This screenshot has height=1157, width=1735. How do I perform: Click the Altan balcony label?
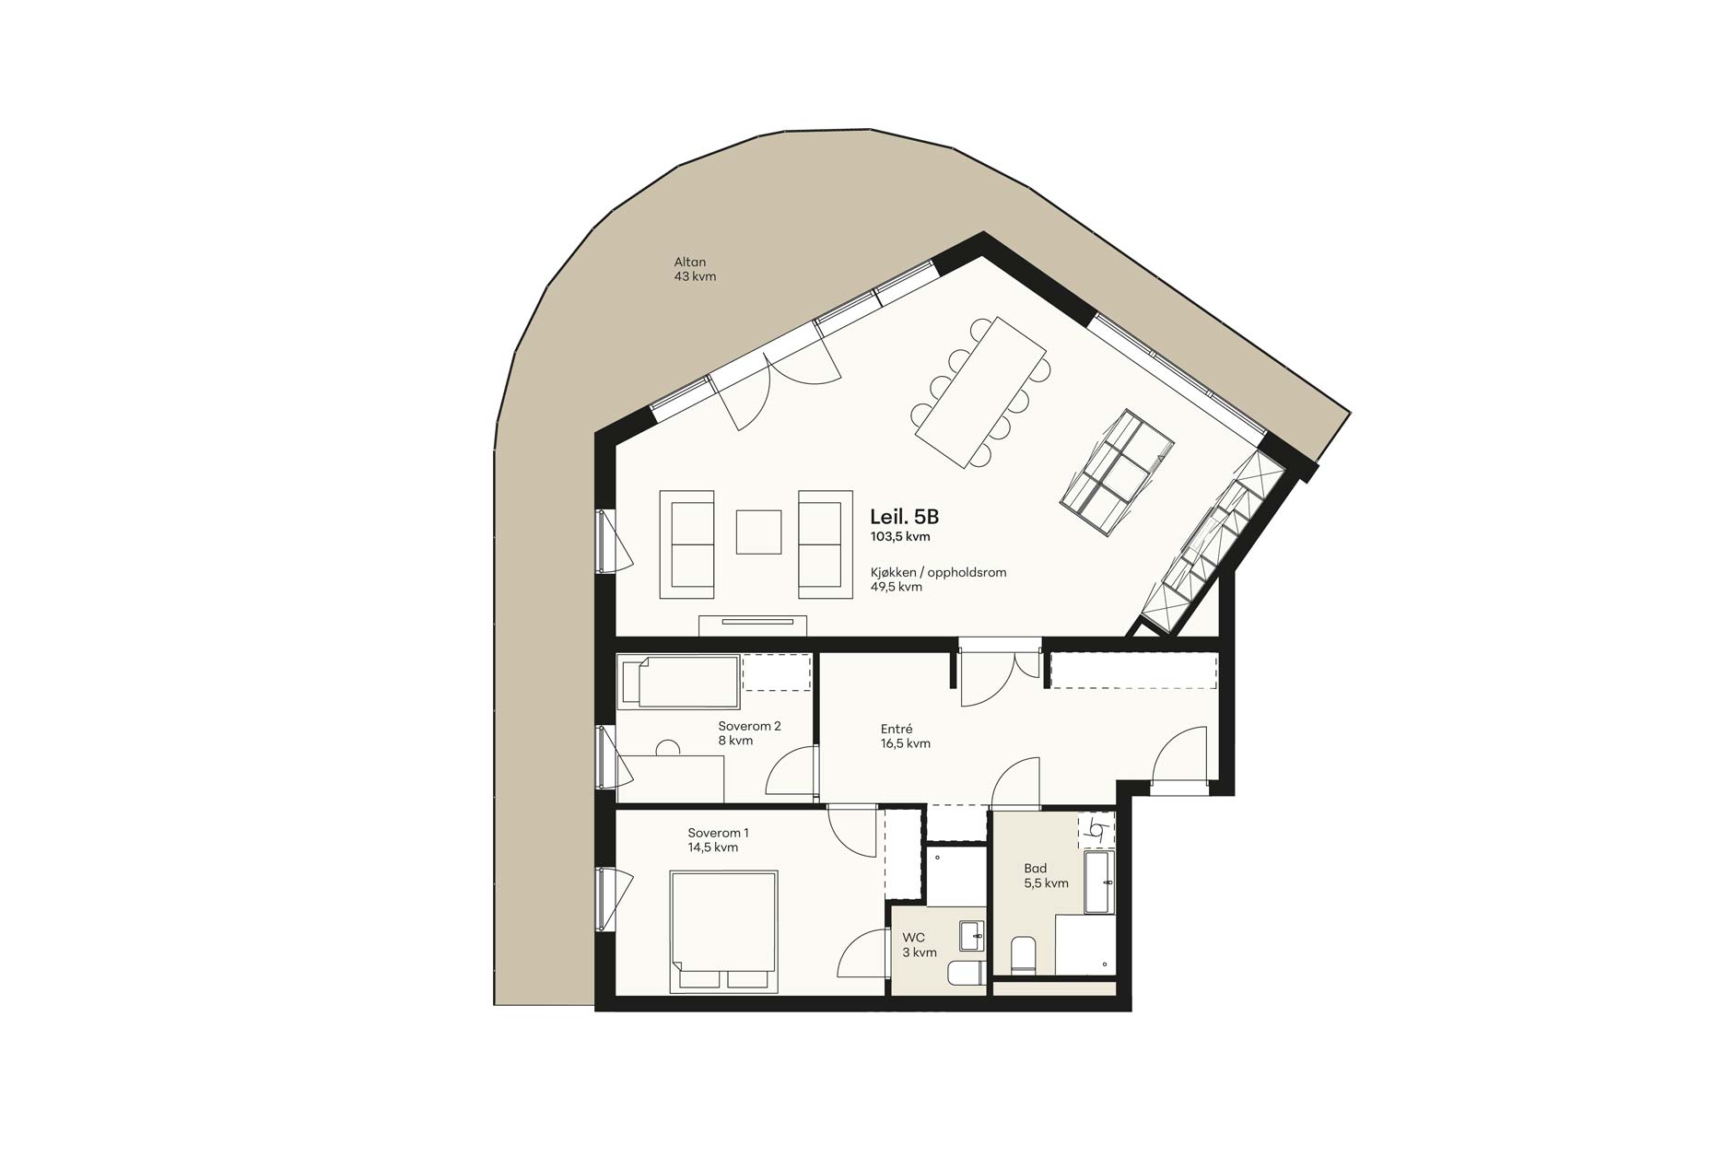tap(690, 263)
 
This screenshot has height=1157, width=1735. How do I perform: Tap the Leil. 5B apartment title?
tap(904, 518)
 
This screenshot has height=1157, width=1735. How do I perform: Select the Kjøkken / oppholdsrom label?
tap(938, 572)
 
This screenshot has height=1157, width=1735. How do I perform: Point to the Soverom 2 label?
tap(749, 726)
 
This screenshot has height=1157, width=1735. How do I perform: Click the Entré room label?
tap(897, 730)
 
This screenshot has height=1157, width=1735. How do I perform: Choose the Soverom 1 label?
tap(718, 833)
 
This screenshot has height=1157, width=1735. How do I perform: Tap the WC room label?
tap(913, 938)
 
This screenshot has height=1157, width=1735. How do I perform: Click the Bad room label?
tap(1035, 868)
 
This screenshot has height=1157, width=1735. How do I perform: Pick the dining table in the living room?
tap(980, 392)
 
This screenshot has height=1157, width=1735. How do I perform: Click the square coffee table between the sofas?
tap(758, 532)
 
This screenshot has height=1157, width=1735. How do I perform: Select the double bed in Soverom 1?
tap(723, 931)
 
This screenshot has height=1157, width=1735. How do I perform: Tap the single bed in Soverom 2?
tap(679, 682)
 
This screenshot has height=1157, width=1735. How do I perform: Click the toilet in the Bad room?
tap(1024, 955)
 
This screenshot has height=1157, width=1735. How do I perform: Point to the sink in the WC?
tap(971, 936)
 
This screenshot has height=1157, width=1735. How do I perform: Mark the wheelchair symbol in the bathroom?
tap(1096, 828)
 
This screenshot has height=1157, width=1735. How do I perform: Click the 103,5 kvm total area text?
tap(900, 536)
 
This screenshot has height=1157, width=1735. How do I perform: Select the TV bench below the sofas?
tap(753, 625)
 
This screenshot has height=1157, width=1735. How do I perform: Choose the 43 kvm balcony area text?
tap(695, 276)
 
